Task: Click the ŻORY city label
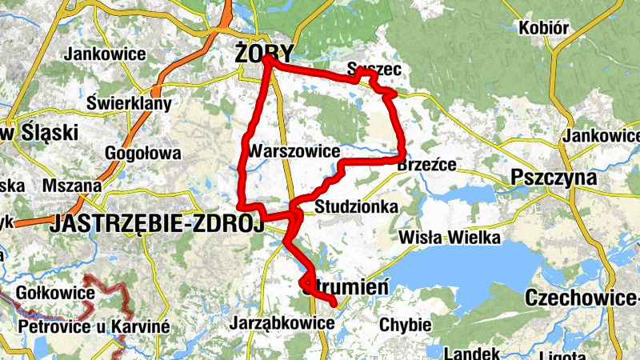(264, 53)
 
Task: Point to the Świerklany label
(129, 104)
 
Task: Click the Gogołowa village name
(142, 154)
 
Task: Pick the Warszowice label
(294, 151)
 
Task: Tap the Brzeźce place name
(426, 165)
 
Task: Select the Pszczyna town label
(555, 178)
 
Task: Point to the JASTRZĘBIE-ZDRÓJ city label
(157, 226)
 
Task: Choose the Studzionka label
(356, 207)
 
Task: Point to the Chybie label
(406, 325)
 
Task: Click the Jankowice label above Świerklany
(106, 54)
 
